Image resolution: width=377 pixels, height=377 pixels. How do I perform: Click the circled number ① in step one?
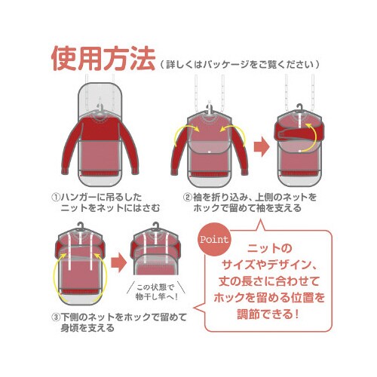56,197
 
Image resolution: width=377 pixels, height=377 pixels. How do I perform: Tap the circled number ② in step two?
188,197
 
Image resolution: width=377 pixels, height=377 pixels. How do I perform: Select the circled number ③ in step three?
56,317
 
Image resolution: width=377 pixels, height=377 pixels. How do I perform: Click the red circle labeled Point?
214,240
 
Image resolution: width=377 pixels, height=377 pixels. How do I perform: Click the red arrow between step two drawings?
262,147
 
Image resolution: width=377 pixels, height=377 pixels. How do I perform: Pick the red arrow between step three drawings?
118,263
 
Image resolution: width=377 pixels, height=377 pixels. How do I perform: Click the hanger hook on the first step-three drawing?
81,227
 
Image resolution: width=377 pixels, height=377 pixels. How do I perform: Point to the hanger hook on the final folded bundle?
156,227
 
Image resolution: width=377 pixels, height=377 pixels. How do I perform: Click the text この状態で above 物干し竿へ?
155,287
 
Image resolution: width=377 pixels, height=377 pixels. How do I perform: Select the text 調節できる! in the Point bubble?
268,314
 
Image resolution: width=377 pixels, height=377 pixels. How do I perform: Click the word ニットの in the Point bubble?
269,249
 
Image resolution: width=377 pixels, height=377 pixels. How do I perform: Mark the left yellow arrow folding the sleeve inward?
185,133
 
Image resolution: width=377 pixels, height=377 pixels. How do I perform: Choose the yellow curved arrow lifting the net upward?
310,138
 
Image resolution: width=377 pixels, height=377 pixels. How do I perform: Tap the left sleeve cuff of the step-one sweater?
65,172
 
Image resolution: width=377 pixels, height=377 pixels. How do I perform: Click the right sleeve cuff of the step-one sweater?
135,172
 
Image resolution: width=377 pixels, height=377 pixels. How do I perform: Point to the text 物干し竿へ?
157,297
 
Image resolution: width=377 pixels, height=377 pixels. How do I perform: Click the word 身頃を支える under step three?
87,328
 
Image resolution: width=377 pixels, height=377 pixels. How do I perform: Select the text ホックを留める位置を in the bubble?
269,298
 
